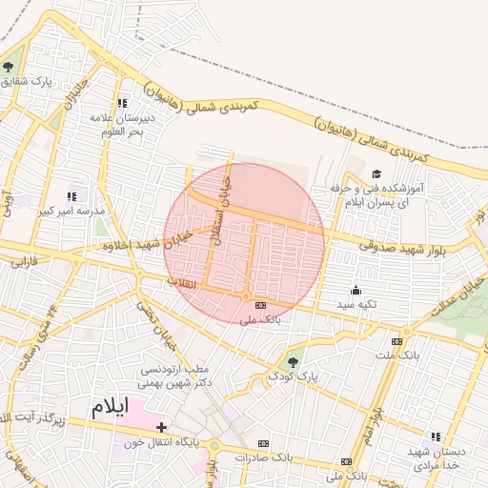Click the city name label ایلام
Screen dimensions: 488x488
(x=108, y=407)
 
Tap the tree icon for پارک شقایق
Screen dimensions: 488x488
(x=9, y=67)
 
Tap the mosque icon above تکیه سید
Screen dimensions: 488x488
(x=356, y=290)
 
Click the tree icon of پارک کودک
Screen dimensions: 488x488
(x=292, y=361)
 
